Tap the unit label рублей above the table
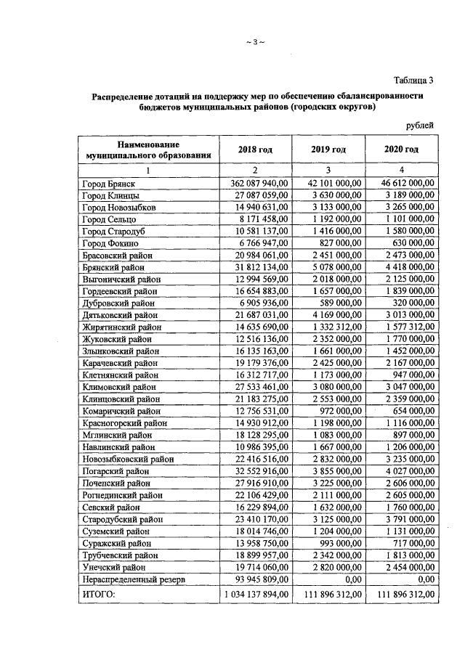pyautogui.click(x=420, y=125)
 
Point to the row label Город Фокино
pyautogui.click(x=110, y=242)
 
